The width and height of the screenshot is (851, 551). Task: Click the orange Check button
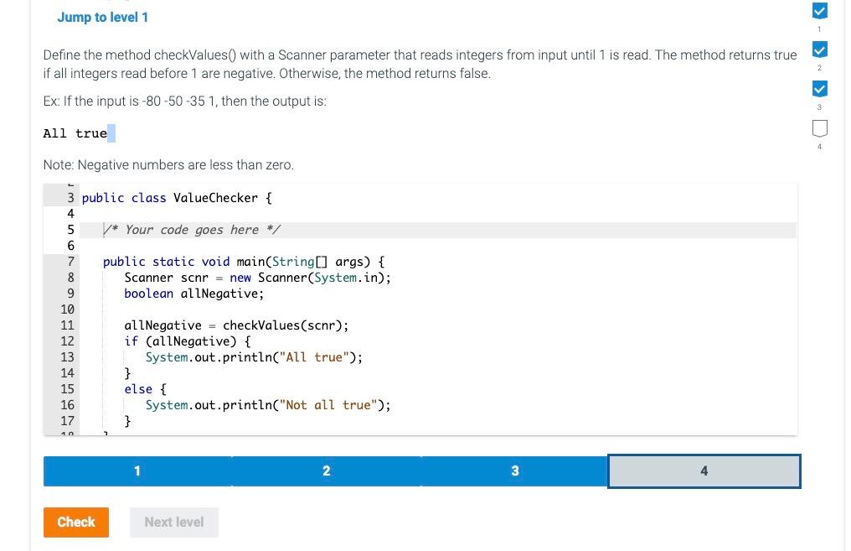75,522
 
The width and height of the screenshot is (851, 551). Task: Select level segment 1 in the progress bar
137,471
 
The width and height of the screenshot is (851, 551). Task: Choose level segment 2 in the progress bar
326,471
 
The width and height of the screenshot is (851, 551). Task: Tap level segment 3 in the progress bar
514,471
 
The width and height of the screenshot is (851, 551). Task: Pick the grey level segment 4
704,471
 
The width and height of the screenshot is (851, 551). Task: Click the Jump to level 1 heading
103,17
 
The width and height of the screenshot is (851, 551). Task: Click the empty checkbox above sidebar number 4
820,128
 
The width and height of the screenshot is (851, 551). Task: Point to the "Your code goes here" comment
192,230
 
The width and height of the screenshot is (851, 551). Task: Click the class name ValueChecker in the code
215,198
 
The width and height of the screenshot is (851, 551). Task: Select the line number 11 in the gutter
67,325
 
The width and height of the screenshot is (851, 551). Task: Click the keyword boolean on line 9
148,294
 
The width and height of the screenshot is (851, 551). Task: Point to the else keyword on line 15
138,389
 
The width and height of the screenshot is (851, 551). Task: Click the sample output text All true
75,133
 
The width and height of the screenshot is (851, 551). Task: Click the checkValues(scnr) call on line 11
285,325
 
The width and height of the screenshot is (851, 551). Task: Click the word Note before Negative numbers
58,165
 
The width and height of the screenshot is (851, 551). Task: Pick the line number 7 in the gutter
71,262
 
